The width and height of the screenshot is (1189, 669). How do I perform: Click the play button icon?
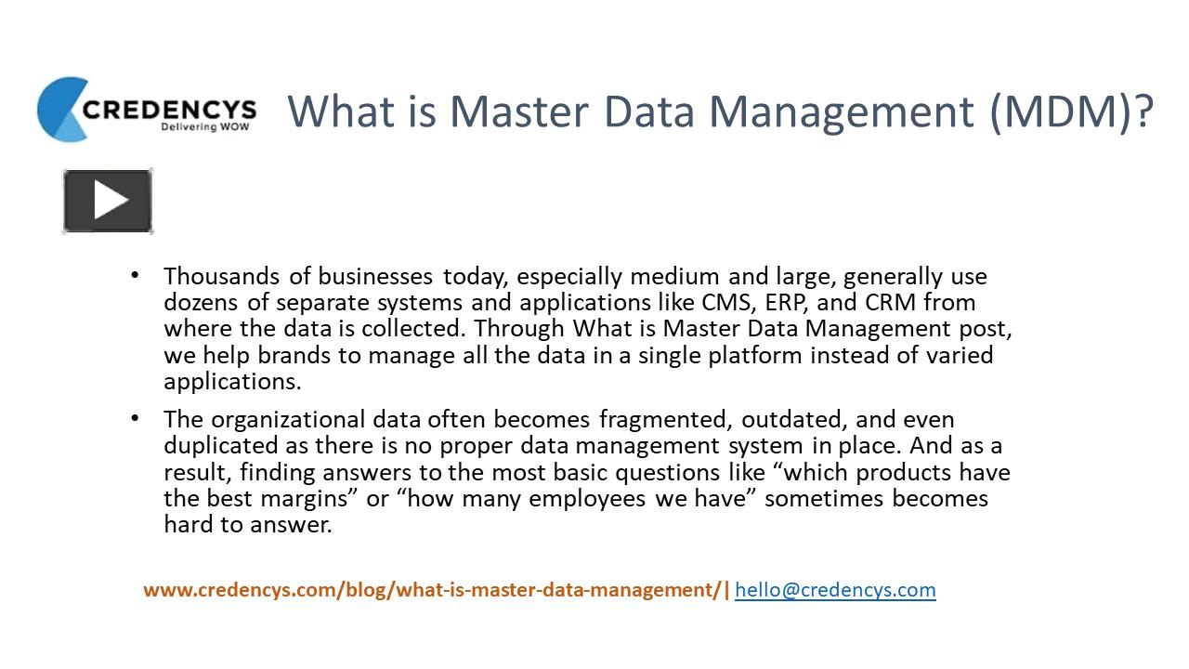108,200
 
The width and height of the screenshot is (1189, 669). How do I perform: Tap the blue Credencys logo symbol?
61,110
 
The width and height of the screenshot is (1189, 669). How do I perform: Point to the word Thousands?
221,277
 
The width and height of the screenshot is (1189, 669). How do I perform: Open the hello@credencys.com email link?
835,590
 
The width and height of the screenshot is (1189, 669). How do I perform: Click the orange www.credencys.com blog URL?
432,590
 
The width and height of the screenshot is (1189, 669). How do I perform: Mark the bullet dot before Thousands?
136,275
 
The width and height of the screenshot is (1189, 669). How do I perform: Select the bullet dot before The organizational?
136,418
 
